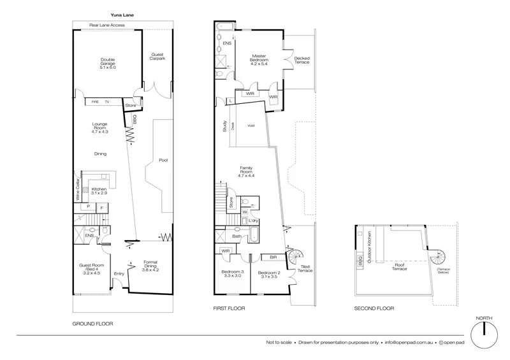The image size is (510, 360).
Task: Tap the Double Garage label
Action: click(x=106, y=63)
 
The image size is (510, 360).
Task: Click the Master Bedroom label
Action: click(x=258, y=59)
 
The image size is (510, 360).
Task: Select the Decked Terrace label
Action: click(x=302, y=59)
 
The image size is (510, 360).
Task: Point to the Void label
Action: click(x=251, y=134)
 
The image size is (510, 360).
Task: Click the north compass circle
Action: click(x=484, y=333)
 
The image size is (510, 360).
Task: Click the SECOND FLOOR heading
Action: click(x=374, y=308)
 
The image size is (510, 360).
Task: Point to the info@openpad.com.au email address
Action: click(x=408, y=342)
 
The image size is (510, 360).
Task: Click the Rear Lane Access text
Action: click(x=107, y=25)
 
